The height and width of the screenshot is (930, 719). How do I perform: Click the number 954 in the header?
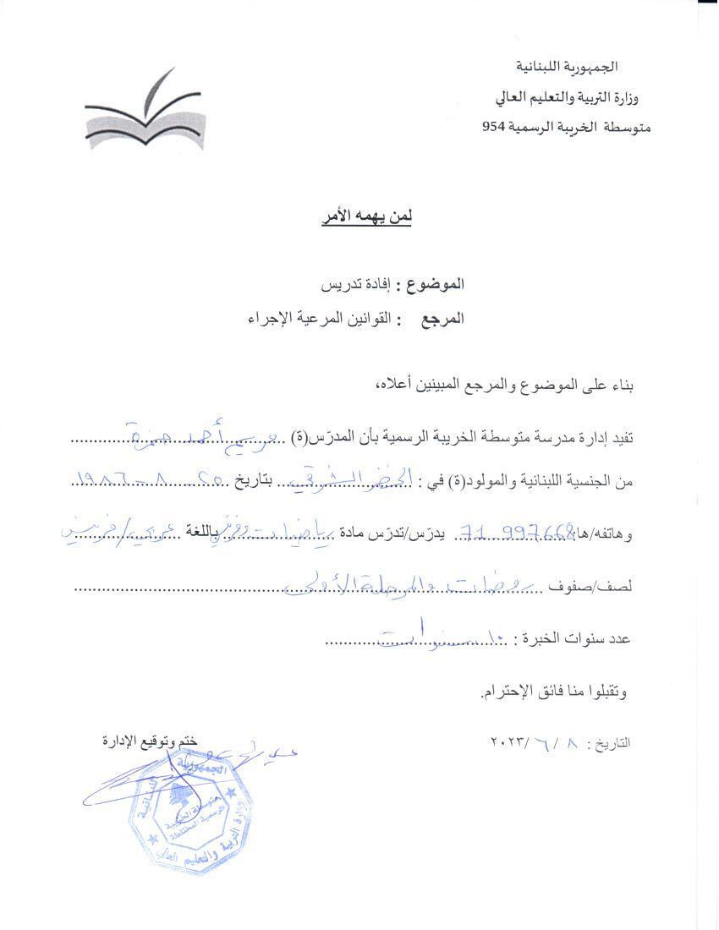[x=493, y=128]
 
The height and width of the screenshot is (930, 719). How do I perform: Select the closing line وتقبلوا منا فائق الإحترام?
[x=554, y=692]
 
